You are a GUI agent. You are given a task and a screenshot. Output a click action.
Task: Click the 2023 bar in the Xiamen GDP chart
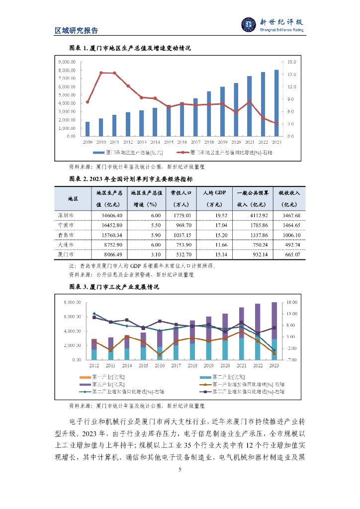[x=276, y=103]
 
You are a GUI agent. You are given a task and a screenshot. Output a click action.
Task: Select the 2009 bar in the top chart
[x=88, y=129]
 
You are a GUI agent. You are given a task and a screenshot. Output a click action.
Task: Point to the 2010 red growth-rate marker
[x=101, y=73]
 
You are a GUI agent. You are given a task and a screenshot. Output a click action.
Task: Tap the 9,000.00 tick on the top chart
[x=67, y=62]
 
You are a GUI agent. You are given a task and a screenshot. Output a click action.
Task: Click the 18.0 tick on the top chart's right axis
[x=292, y=62]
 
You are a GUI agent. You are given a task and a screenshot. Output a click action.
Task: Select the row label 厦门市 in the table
[x=65, y=254]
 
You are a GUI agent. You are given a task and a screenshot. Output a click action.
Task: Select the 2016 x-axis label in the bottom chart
[x=160, y=365]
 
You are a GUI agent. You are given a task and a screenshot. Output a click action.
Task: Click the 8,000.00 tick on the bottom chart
[x=70, y=302]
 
